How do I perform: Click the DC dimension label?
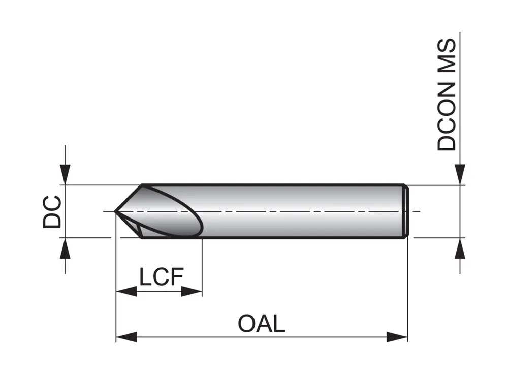click(52, 211)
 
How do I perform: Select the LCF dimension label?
click(161, 277)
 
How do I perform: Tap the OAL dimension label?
click(262, 323)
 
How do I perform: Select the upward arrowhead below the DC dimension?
click(65, 249)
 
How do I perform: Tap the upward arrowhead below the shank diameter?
click(460, 249)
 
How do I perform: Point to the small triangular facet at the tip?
click(133, 226)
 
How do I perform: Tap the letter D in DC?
click(52, 220)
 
